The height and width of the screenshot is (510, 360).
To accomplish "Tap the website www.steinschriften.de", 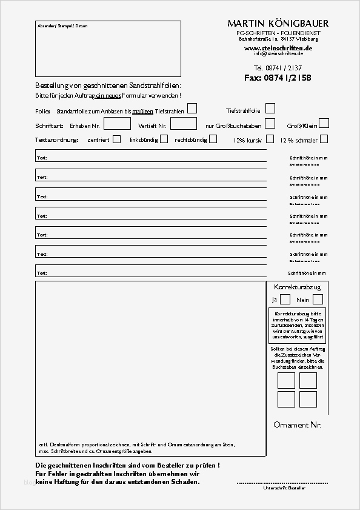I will (x=278, y=47).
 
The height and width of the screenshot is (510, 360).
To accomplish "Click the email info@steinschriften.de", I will (x=278, y=53).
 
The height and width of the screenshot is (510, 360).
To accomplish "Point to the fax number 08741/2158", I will (x=278, y=78).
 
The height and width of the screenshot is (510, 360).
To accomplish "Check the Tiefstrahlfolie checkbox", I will (x=270, y=109).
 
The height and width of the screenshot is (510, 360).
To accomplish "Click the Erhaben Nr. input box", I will (x=118, y=124).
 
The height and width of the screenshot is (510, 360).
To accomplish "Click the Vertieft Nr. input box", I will (x=184, y=124).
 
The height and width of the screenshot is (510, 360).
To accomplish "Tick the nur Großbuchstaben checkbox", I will (x=270, y=124).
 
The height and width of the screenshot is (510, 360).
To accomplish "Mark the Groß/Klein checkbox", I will (x=324, y=123).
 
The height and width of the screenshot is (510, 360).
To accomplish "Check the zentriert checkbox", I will (x=116, y=139).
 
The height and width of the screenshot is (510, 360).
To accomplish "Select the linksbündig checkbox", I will (x=164, y=139).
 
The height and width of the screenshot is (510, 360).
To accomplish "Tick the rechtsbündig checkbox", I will (x=213, y=139).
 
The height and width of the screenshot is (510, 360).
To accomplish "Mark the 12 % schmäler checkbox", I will (x=324, y=139).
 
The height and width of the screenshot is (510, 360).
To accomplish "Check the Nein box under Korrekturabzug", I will (x=318, y=299).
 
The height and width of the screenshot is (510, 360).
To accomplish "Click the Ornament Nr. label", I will (x=297, y=424).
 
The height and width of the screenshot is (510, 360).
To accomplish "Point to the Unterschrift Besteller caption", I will (x=284, y=488).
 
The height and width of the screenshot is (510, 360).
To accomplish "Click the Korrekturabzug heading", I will (x=293, y=286).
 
